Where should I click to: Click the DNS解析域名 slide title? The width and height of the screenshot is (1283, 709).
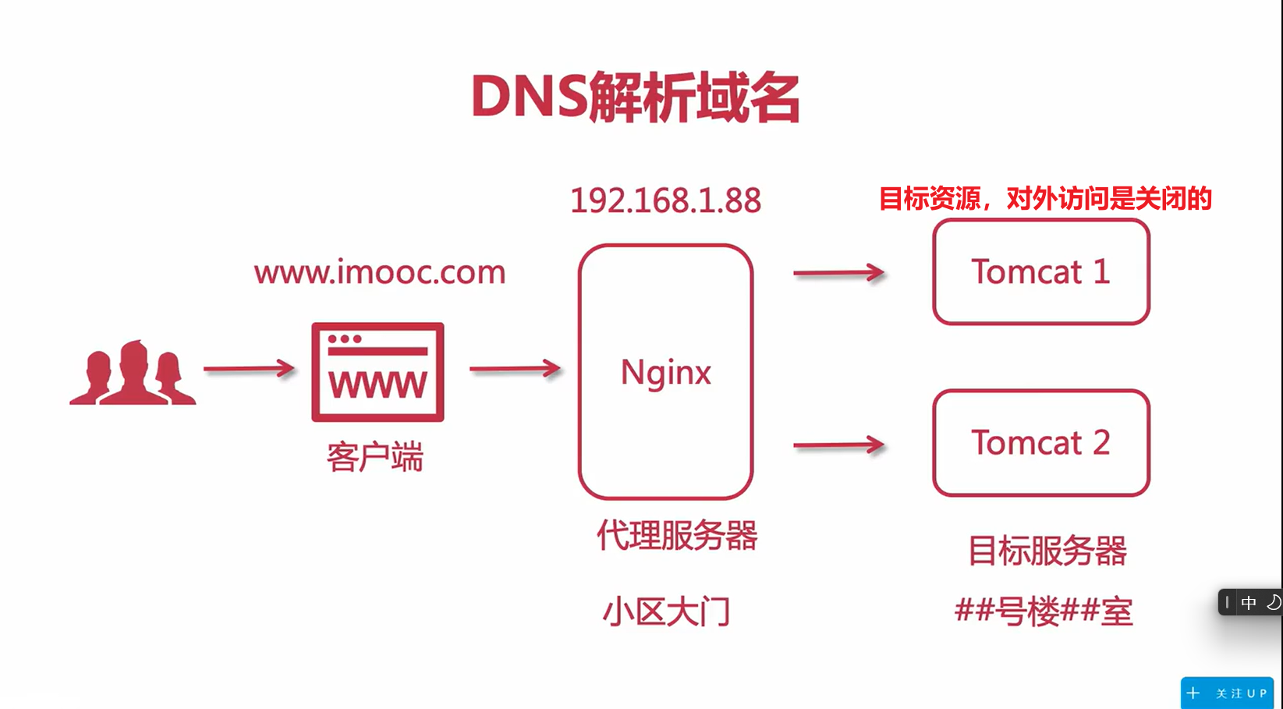pos(635,97)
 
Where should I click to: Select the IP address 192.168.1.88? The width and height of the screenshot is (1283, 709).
pos(665,200)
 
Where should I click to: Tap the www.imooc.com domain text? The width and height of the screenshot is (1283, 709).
pos(380,272)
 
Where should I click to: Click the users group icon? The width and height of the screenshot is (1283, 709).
pos(133,374)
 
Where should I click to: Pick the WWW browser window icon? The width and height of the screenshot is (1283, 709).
pos(377,372)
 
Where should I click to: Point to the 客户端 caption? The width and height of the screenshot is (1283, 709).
pos(374,457)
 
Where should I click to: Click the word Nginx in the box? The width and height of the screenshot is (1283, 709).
pos(665,372)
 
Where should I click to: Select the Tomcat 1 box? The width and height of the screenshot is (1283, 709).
pos(1040,271)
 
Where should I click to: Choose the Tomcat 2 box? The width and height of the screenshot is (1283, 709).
pos(1040,442)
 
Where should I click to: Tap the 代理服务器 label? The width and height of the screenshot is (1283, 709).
pos(676,536)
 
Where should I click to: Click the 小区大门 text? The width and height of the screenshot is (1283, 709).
pos(666,612)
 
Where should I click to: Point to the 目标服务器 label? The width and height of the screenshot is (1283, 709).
pos(1047,551)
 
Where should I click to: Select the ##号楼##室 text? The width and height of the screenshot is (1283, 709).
pos(1044,611)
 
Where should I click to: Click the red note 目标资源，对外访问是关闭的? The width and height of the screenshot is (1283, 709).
pos(1045,199)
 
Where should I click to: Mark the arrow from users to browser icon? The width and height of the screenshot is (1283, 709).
pos(249,368)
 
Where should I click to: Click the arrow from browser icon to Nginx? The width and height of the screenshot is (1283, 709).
pos(515,368)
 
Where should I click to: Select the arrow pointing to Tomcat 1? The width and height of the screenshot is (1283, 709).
pos(838,273)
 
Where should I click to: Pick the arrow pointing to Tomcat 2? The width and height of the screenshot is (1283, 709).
pos(838,445)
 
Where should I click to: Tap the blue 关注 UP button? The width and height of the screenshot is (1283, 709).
pos(1227,693)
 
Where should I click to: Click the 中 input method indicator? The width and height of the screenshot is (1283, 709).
pos(1249,602)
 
